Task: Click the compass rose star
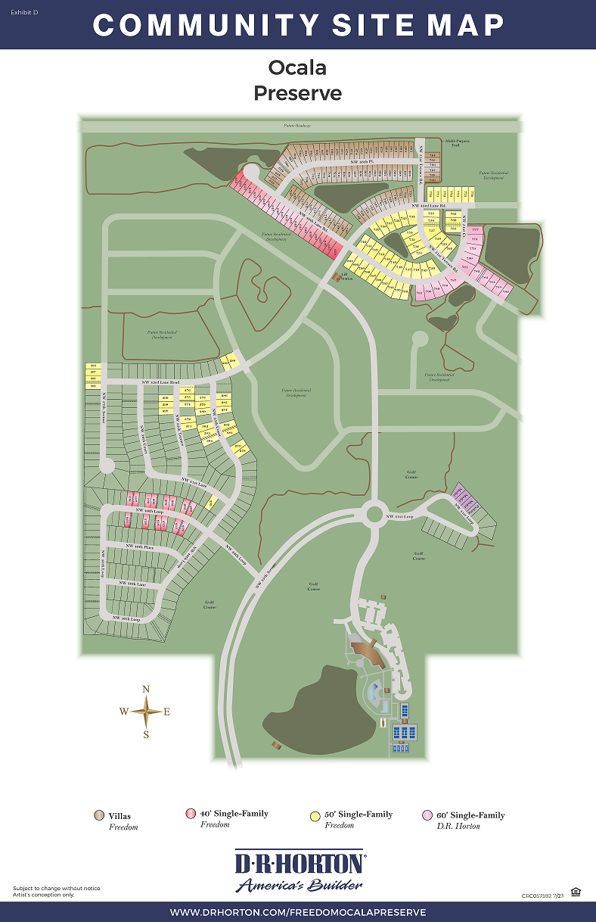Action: click(146, 711)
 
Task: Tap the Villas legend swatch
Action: click(98, 816)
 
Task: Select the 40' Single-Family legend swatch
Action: click(190, 814)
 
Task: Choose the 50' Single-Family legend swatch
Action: click(314, 815)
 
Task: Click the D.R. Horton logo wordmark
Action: click(299, 864)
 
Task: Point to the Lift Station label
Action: click(346, 278)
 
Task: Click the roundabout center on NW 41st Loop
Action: click(374, 514)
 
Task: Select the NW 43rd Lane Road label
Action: click(160, 382)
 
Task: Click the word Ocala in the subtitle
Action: click(297, 67)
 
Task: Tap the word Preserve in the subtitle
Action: click(297, 93)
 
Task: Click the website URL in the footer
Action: click(298, 912)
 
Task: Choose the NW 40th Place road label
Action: click(140, 546)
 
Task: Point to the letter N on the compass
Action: click(146, 689)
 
